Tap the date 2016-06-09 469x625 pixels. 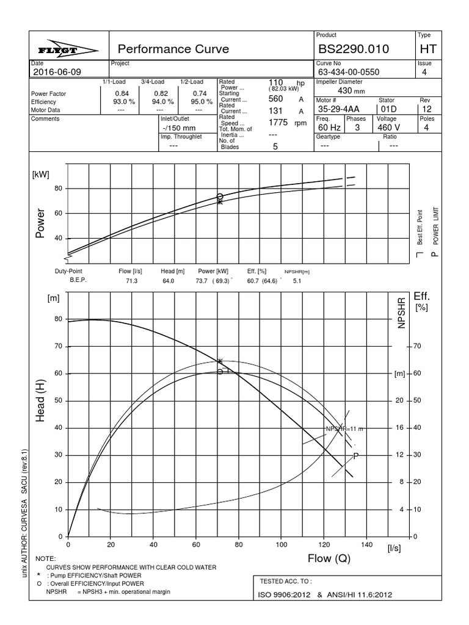click(56, 72)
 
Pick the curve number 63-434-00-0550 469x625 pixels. click(349, 72)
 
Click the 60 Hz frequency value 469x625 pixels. click(328, 128)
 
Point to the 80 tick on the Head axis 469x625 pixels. click(59, 319)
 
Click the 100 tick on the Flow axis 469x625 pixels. click(281, 544)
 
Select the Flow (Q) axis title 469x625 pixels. click(328, 558)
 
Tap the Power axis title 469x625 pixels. click(41, 224)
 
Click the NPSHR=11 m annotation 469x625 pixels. click(344, 430)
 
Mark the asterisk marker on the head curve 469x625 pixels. click(220, 361)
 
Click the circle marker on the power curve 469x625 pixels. click(220, 197)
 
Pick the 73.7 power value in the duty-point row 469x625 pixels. click(202, 281)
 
